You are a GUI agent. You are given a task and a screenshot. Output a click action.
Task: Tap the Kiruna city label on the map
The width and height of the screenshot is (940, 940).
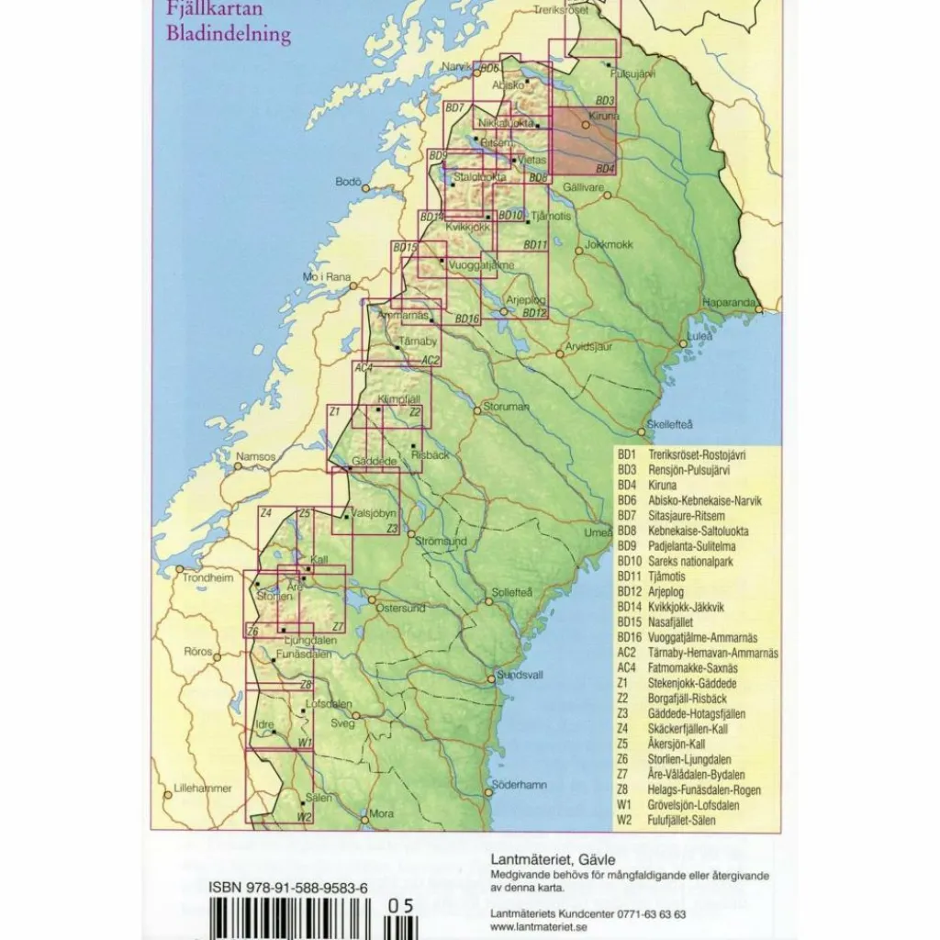[604, 117]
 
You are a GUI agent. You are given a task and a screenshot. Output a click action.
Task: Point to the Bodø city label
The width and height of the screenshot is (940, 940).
[348, 182]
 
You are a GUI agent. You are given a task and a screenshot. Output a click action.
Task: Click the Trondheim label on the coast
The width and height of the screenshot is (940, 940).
[207, 578]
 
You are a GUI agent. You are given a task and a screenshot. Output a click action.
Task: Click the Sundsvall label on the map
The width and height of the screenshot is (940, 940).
[520, 675]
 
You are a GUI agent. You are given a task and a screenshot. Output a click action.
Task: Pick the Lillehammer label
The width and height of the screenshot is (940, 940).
[203, 789]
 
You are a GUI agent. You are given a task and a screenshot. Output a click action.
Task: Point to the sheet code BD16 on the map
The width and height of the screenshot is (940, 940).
[467, 319]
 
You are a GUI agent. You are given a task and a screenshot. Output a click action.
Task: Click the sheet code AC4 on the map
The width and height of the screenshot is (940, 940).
[364, 368]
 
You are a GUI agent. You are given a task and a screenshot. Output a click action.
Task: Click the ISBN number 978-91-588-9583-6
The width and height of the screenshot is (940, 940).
[288, 888]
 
